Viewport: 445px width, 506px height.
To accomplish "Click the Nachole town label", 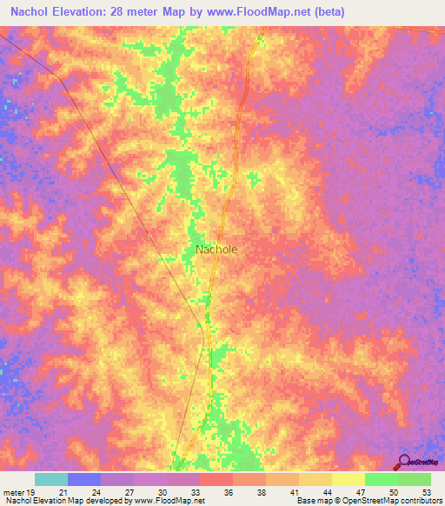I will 216,249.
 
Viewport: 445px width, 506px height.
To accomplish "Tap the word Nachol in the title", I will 32,12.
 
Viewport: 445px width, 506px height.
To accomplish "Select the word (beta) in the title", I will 328,12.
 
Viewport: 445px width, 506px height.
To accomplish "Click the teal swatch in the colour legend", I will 51,479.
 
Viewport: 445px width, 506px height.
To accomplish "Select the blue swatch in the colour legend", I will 84,479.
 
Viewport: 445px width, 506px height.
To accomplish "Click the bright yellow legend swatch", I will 348,479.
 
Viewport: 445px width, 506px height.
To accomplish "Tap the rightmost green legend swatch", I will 414,479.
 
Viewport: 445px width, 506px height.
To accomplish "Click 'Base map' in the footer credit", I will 313,501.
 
